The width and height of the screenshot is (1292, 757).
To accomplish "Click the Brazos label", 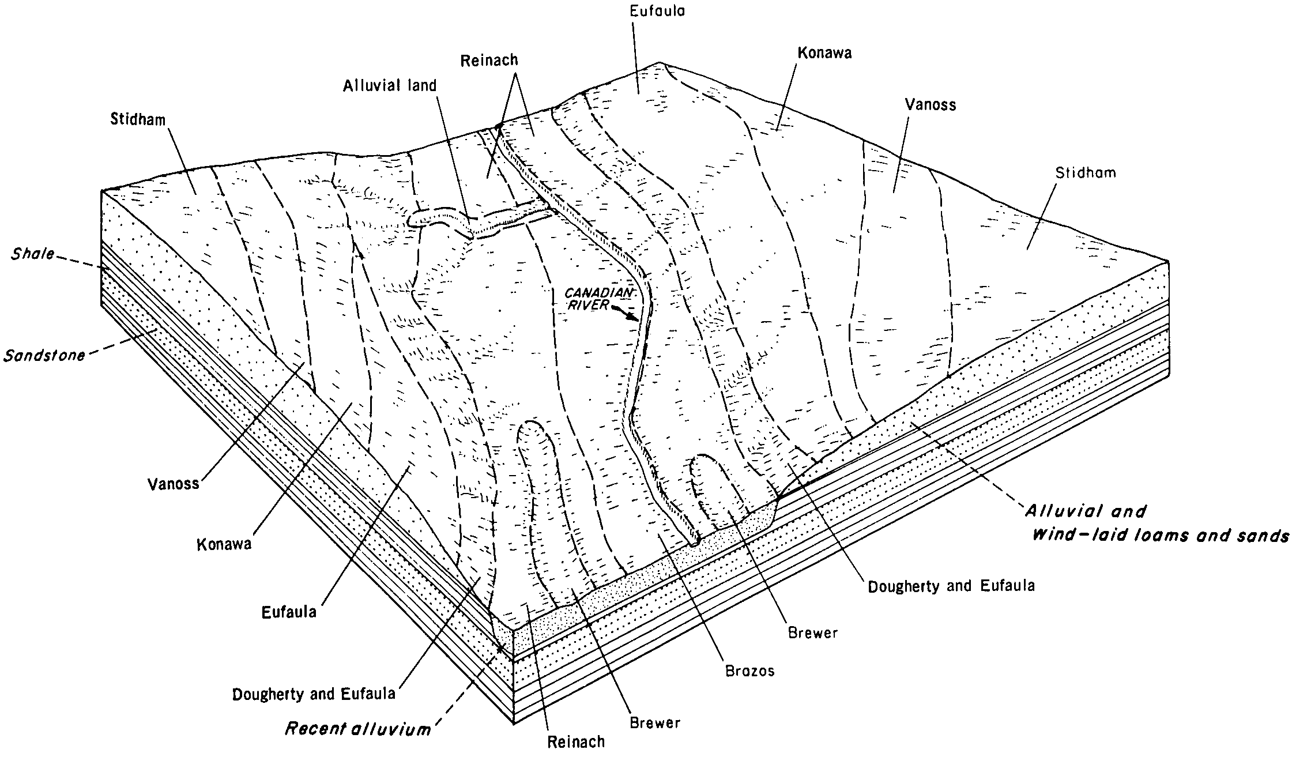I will coord(749,671).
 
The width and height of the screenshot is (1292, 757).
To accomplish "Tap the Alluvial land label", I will coord(390,86).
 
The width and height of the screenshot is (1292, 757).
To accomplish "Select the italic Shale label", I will coord(32,254).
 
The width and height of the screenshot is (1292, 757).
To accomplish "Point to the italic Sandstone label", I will coord(44,355).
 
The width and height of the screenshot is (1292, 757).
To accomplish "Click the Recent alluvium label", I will coord(358,729).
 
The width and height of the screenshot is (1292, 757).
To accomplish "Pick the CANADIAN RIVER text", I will coord(599,299).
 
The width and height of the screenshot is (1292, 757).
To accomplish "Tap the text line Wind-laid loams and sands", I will coord(1160,536).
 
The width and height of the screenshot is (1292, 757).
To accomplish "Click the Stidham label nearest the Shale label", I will coord(138,120).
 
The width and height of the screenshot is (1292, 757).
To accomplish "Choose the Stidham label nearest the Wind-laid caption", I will coord(1085,172).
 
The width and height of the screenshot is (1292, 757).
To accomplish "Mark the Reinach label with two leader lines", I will coord(489,60).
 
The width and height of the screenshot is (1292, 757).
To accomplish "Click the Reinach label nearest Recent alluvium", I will coord(576,741).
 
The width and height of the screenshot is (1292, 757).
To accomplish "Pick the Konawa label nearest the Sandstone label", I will coord(224,544).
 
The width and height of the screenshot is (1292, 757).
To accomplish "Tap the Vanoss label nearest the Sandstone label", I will coord(173,483).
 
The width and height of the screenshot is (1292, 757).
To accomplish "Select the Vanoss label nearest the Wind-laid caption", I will coord(930,104).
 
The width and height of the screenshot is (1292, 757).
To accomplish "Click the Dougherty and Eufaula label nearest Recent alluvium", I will coord(314,694).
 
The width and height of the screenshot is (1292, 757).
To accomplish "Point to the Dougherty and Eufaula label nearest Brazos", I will coord(951,586).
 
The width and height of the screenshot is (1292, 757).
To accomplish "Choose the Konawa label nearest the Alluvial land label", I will coord(824,54).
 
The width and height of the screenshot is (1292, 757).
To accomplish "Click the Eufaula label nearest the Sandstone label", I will coord(289,612).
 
